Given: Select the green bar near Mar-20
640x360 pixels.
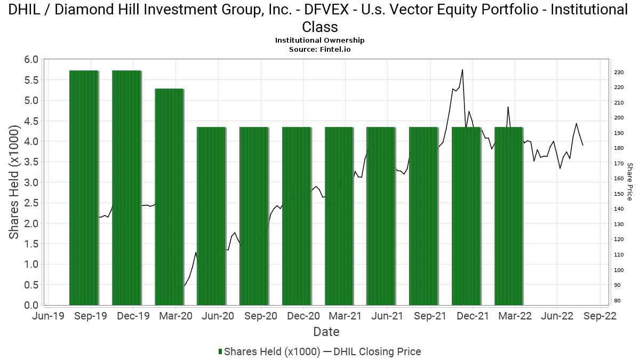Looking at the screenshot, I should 169,197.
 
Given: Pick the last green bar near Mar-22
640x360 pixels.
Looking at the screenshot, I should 509,216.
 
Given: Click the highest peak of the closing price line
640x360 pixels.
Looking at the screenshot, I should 462,70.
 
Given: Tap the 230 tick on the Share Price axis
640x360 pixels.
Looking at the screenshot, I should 618,73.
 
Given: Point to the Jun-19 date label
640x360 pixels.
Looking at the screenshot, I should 49,316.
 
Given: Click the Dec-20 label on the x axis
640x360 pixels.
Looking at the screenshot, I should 303,316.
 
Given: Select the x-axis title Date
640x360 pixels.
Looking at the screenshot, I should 326,332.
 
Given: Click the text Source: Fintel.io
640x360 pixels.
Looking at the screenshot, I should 319,49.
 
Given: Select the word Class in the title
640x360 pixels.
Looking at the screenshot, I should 319,27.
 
